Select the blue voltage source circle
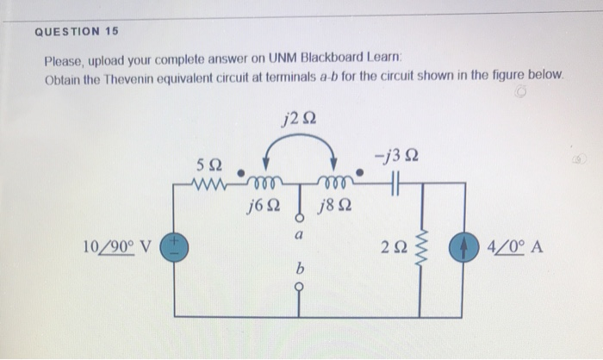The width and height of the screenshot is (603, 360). point(176,248)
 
